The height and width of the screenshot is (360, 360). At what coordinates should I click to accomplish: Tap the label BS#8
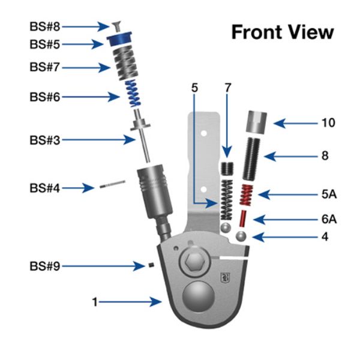click(x=44, y=26)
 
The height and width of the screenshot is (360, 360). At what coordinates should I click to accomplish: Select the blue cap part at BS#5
click(x=120, y=43)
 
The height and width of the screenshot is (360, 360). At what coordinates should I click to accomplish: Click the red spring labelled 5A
click(x=245, y=195)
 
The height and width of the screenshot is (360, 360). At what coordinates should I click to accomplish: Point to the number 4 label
click(x=325, y=237)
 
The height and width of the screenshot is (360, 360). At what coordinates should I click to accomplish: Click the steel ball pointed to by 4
click(x=242, y=235)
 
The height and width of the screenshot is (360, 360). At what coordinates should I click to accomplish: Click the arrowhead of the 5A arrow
click(x=262, y=194)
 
